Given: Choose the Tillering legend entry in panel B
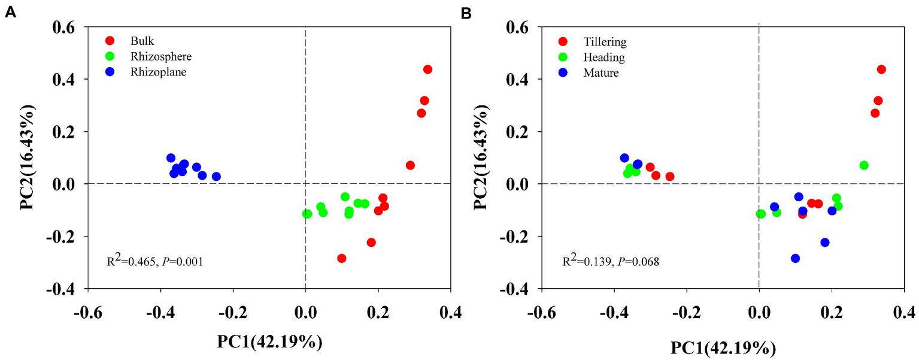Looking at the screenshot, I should pyautogui.click(x=604, y=42).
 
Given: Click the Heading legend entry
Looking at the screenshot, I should pyautogui.click(x=603, y=58).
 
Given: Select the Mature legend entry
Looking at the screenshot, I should pyautogui.click(x=600, y=73).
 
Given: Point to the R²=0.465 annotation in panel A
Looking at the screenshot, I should pyautogui.click(x=155, y=261).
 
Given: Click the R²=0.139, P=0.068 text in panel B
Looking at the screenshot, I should pyautogui.click(x=610, y=261).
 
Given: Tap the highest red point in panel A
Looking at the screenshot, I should pyautogui.click(x=427, y=69).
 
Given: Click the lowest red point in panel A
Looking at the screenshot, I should pyautogui.click(x=342, y=258).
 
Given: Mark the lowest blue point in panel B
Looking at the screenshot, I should pyautogui.click(x=795, y=258).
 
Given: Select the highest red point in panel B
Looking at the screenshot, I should pyautogui.click(x=881, y=69).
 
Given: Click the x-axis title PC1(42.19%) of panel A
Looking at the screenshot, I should pyautogui.click(x=271, y=342).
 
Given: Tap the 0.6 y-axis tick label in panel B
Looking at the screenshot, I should pyautogui.click(x=517, y=27).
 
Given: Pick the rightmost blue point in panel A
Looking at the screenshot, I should pyautogui.click(x=216, y=177).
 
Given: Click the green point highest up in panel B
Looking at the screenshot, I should pyautogui.click(x=863, y=165).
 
